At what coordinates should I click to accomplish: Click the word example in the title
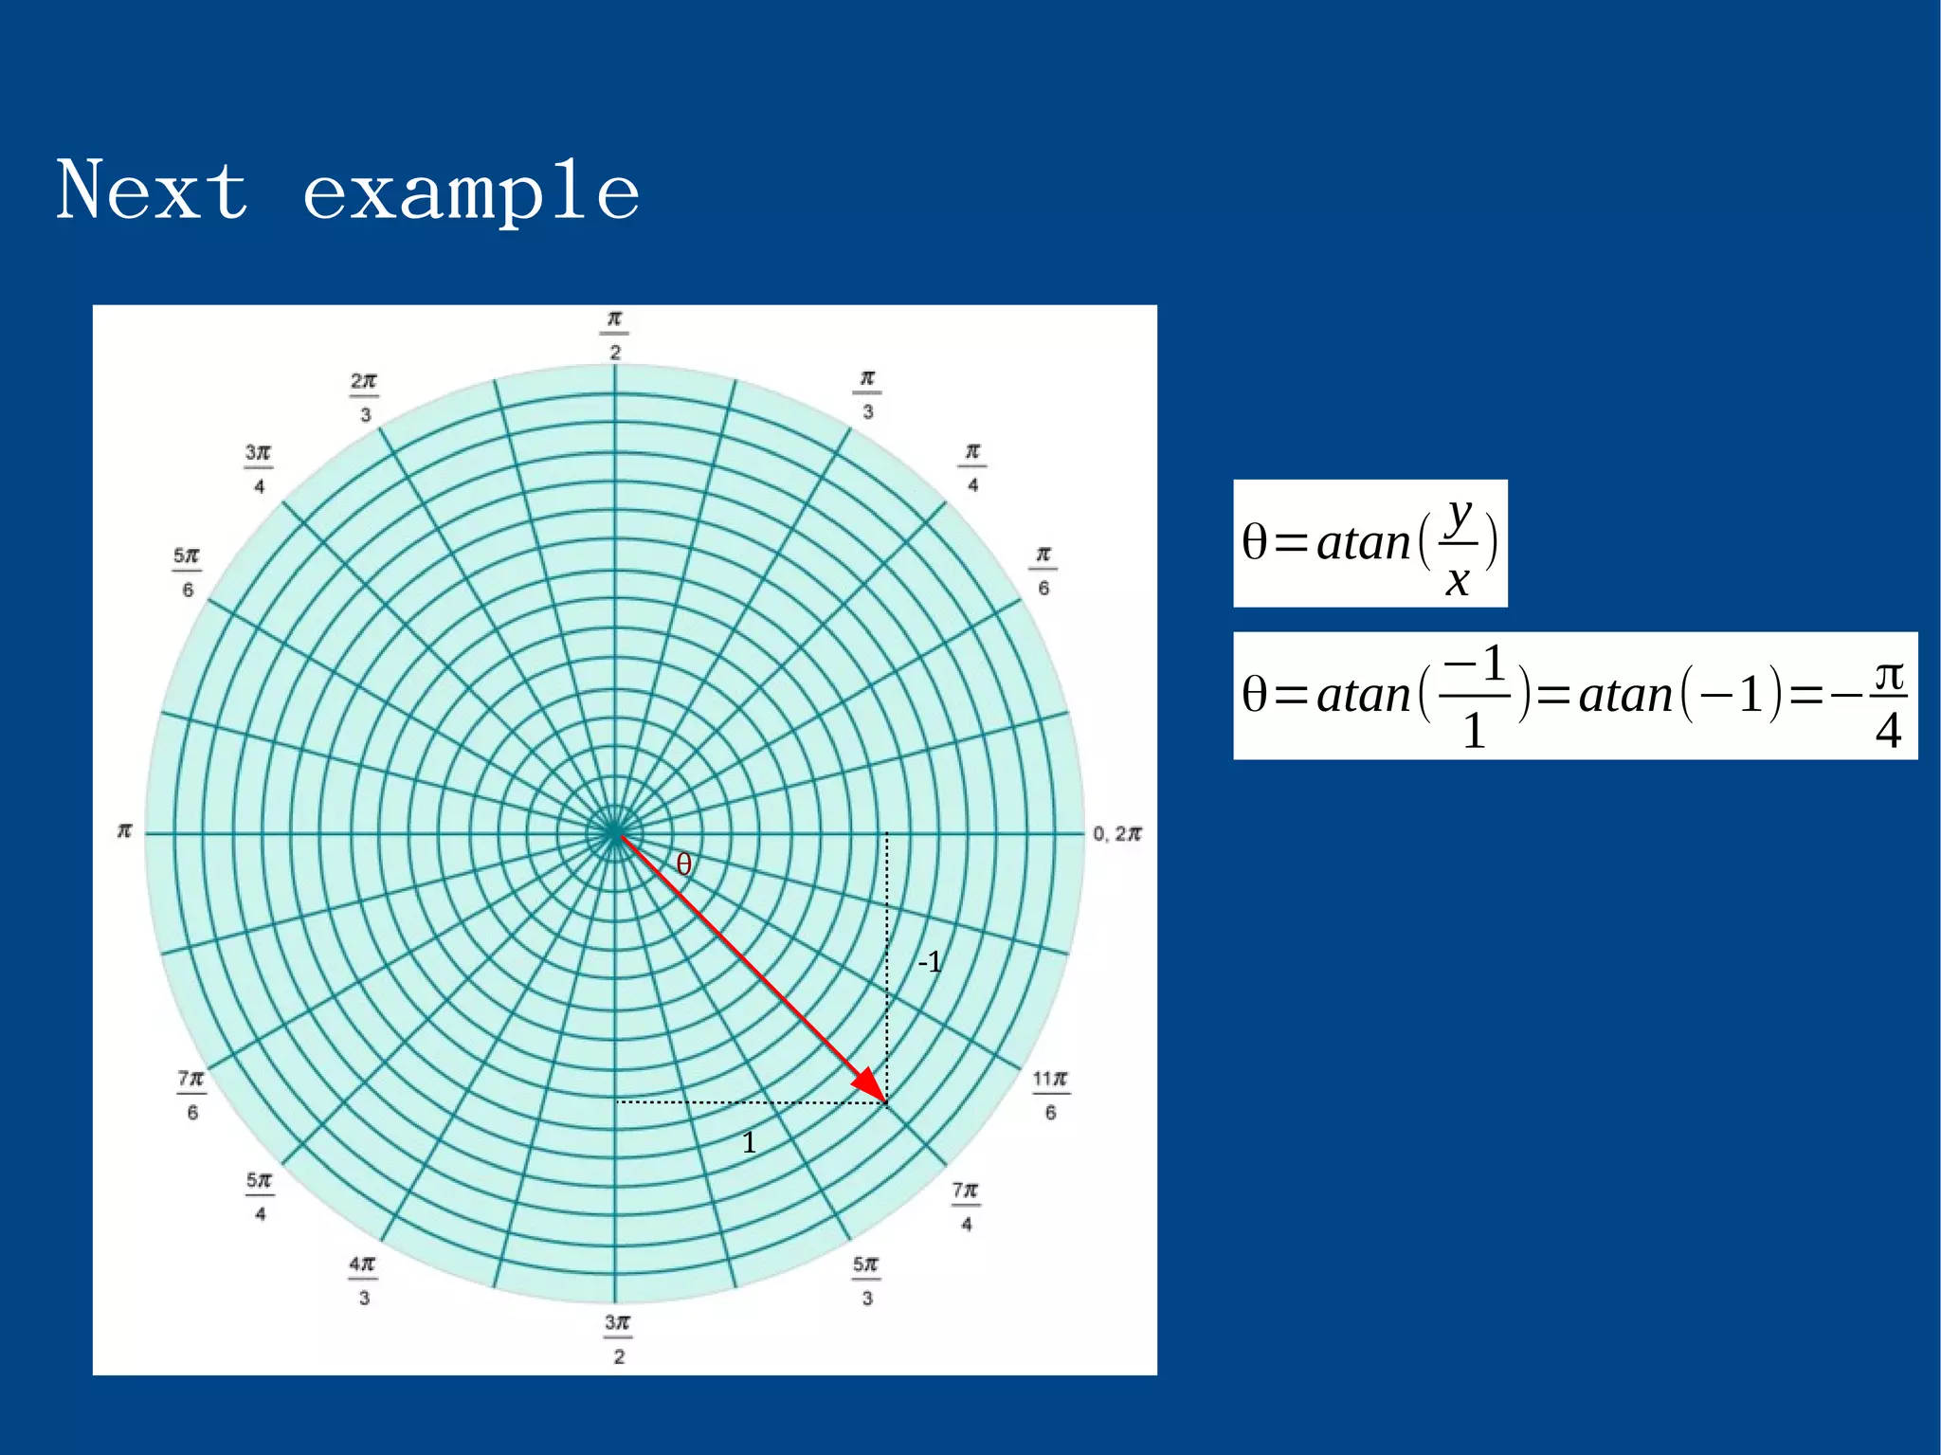click(x=471, y=192)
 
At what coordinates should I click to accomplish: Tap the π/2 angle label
click(x=614, y=335)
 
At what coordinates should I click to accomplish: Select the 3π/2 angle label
click(x=617, y=1338)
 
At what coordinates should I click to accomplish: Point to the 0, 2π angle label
click(x=1116, y=833)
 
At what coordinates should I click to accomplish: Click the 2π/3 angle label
click(x=364, y=397)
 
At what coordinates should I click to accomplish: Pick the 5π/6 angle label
click(x=187, y=572)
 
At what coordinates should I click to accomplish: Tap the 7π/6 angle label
click(x=190, y=1095)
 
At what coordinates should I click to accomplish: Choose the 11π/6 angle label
click(x=1050, y=1095)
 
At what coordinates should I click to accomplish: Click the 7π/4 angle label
click(x=966, y=1206)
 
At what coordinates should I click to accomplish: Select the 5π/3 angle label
click(x=866, y=1281)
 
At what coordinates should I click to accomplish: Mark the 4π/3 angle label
click(x=363, y=1281)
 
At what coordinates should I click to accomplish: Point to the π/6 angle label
click(x=1043, y=571)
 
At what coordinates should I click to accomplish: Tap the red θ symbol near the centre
click(x=683, y=864)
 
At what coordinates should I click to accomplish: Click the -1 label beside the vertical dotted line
click(x=930, y=962)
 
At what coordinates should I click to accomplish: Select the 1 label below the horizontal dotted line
click(x=749, y=1142)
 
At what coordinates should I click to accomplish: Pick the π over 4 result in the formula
click(x=1888, y=701)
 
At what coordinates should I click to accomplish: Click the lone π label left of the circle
click(x=124, y=831)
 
